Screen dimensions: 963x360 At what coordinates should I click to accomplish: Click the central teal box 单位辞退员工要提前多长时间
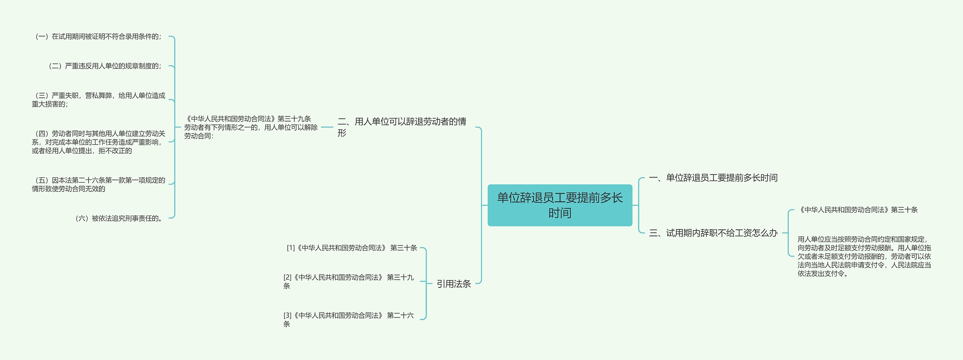[x=560, y=205]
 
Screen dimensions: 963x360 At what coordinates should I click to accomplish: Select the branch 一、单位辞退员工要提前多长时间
[x=713, y=178]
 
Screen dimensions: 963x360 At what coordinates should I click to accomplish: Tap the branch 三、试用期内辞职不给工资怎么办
[x=713, y=233]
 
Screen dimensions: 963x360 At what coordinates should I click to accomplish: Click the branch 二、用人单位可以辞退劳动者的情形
[x=402, y=127]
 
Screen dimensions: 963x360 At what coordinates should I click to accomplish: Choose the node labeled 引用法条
[x=454, y=284]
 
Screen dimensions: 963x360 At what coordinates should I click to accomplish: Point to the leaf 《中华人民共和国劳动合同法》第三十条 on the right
[x=858, y=210]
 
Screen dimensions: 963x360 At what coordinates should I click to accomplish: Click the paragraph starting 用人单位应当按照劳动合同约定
[x=864, y=256]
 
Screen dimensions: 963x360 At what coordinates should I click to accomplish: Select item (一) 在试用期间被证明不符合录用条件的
[x=97, y=36]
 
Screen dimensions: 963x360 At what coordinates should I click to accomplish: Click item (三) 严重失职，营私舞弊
[x=99, y=100]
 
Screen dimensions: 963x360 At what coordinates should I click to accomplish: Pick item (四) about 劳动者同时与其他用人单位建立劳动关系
[x=99, y=142]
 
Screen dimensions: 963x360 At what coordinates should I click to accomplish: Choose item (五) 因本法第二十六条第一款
[x=99, y=184]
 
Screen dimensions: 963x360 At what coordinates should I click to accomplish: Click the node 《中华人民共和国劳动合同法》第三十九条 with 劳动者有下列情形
[x=251, y=127]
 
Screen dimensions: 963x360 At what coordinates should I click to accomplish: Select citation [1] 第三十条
[x=352, y=248]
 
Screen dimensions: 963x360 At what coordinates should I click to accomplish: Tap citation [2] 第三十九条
[x=349, y=281]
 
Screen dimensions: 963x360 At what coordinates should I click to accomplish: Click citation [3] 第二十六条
[x=349, y=319]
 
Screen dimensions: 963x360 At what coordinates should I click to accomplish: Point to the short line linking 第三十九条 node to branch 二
[x=327, y=127]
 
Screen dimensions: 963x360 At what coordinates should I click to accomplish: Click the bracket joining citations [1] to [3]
[x=426, y=283]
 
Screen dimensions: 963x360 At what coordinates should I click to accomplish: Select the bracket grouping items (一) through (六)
[x=175, y=127]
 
